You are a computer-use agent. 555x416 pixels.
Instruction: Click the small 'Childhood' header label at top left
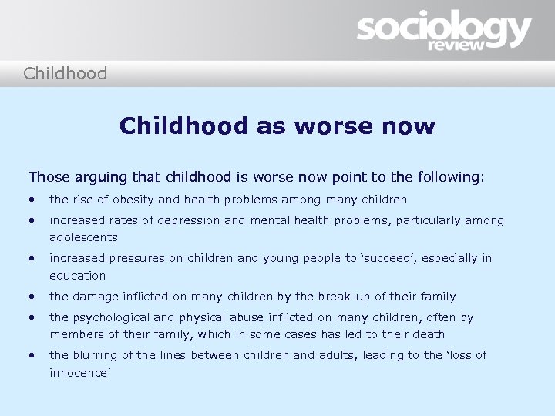[x=65, y=74]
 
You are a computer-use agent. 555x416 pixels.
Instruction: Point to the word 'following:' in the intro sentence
[x=449, y=177]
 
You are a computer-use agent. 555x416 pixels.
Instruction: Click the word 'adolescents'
[x=83, y=238]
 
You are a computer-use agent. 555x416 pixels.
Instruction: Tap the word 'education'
[x=78, y=276]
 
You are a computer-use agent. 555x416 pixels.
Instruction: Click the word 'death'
[x=427, y=334]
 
